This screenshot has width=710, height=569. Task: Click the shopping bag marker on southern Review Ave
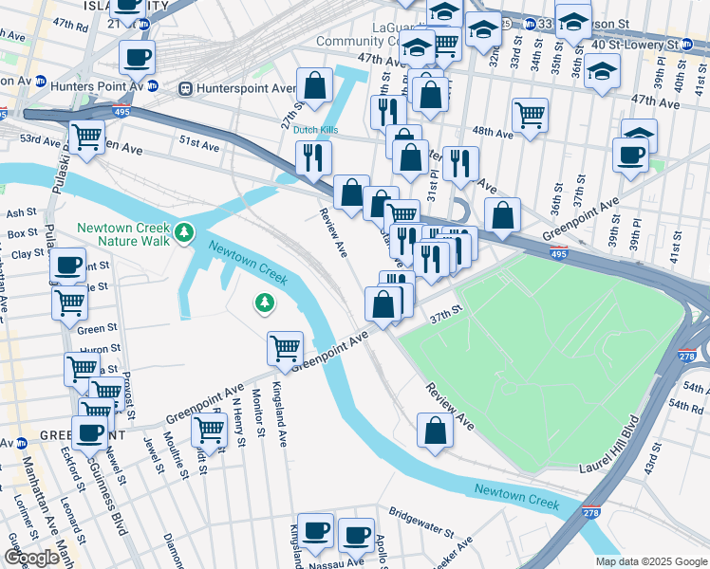pyautogui.click(x=434, y=430)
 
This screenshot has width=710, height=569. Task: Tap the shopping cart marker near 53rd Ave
pyautogui.click(x=87, y=137)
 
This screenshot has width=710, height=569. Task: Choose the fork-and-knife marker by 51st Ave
pyautogui.click(x=313, y=156)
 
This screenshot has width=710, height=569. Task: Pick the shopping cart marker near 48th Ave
pyautogui.click(x=530, y=115)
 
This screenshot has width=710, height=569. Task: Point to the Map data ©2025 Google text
pyautogui.click(x=651, y=561)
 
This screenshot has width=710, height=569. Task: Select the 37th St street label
pyautogui.click(x=444, y=312)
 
